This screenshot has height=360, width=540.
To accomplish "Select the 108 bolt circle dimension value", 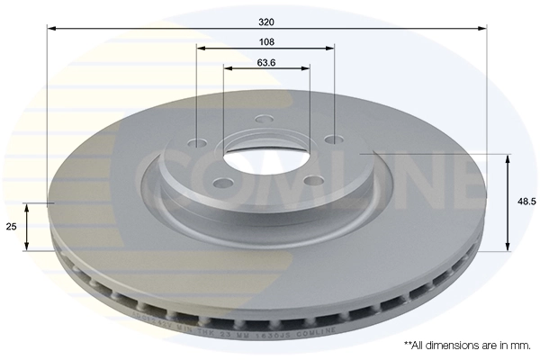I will pos(266,40).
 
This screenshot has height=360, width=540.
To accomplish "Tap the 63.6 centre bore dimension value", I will pos(266,62).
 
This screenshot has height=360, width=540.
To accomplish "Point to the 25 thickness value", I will pos(13,227).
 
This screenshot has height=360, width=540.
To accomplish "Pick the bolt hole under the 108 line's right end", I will pos(334,139).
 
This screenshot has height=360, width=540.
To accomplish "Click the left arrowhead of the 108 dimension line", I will pos(201,47).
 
